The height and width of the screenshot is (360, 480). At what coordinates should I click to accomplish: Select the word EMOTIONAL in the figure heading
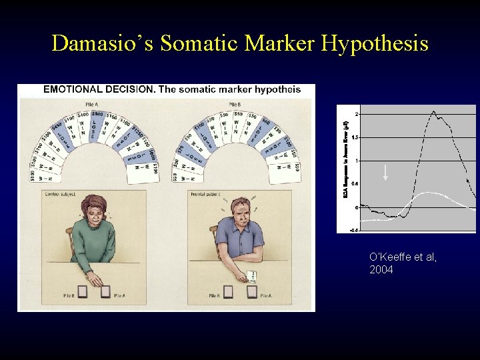73,89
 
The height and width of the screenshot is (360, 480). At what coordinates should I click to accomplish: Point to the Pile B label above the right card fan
235,104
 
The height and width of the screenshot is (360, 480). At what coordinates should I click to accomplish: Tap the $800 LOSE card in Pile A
97,126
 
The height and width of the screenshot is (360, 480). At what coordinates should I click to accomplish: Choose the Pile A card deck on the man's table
251,291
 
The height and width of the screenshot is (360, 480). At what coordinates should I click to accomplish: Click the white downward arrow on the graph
385,173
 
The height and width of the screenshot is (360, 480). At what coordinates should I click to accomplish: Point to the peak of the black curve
434,111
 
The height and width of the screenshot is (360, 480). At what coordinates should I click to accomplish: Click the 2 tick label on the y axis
357,114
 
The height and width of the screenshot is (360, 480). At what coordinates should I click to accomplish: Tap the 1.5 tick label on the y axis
355,137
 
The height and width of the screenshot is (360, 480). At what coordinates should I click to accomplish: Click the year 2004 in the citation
381,269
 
